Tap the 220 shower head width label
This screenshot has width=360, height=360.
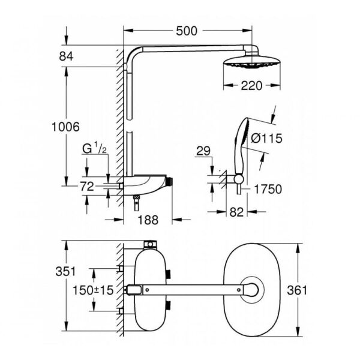point(252,86)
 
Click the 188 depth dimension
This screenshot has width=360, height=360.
point(148,220)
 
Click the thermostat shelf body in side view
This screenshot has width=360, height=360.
point(147,182)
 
